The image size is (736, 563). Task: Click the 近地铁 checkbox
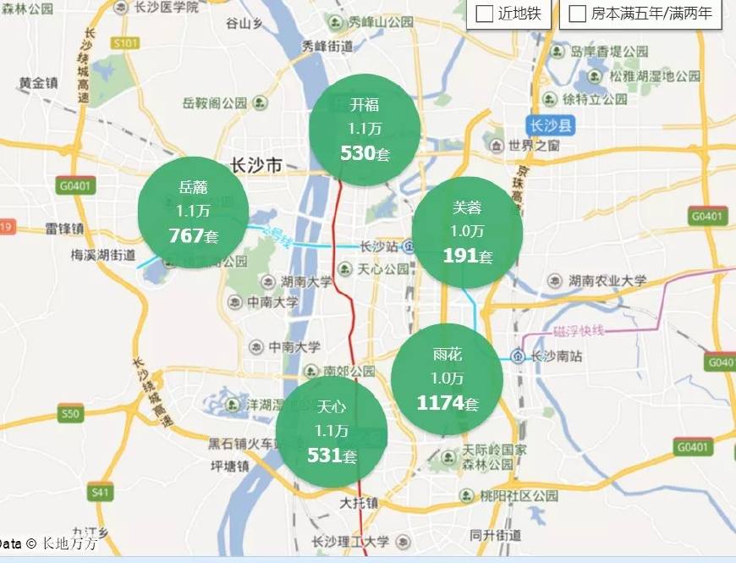click(x=486, y=14)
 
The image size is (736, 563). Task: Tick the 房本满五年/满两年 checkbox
click(x=578, y=14)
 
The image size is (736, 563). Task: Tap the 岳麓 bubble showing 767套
click(x=193, y=211)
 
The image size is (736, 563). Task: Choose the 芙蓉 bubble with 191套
click(x=467, y=231)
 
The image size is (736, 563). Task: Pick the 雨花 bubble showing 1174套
click(x=447, y=378)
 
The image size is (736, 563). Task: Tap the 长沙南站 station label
click(x=556, y=356)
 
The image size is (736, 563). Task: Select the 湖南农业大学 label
click(x=607, y=280)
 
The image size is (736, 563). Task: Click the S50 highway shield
click(x=70, y=414)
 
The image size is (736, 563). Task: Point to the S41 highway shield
click(x=101, y=491)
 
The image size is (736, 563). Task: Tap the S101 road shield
click(x=124, y=42)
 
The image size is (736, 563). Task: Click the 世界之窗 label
click(x=535, y=146)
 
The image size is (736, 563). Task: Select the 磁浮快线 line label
click(x=579, y=330)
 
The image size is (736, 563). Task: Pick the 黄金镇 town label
click(x=38, y=83)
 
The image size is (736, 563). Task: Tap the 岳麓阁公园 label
click(x=215, y=103)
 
